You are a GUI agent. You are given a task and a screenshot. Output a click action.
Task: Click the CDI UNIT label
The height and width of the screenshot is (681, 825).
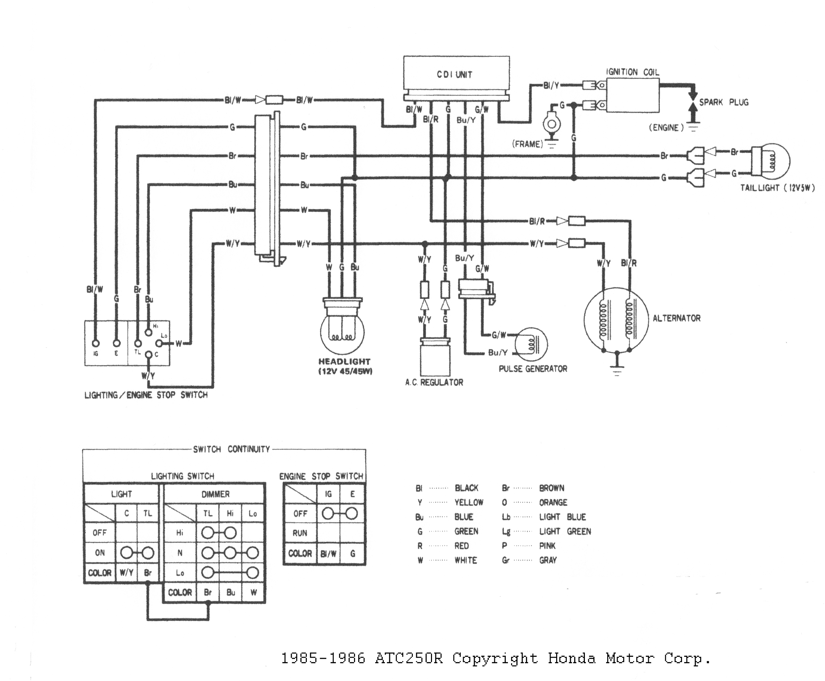coord(455,75)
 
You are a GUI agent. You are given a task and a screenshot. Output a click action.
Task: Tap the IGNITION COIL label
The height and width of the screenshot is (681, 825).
coord(632,72)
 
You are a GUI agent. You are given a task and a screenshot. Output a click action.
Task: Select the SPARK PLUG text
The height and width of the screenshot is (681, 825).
coord(723,102)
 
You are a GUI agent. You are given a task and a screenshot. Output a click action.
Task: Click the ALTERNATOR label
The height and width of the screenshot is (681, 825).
coord(676,318)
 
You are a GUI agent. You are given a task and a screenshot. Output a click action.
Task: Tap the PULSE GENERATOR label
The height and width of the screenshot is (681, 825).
coord(533,369)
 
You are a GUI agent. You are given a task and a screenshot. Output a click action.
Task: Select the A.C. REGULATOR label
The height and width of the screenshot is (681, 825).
coord(434,383)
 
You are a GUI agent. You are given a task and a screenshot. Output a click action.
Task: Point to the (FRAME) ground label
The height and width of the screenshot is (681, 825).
coord(527,144)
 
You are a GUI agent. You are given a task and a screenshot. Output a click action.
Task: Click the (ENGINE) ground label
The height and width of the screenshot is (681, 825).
coord(666,128)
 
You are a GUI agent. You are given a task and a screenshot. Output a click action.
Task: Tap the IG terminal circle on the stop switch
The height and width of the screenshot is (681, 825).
coord(95,343)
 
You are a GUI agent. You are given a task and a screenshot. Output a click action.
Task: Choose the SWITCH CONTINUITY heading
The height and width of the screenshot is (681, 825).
coord(231,449)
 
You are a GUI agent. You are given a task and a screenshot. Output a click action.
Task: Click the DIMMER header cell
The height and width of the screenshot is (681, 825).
coord(215,494)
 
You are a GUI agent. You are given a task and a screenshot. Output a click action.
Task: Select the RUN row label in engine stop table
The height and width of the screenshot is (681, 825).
coord(300,533)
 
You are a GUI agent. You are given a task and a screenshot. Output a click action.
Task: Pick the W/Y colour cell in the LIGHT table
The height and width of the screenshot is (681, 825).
coord(126,573)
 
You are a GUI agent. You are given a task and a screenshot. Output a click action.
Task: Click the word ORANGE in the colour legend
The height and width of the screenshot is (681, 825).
coord(553,503)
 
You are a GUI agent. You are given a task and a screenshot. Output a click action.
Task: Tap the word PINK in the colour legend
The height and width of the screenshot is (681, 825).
coord(547,546)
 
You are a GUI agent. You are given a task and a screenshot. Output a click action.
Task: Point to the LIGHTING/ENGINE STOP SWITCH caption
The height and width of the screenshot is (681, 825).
coord(146,395)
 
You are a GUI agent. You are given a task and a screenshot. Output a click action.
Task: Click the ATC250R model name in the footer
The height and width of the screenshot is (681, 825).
coord(409,658)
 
